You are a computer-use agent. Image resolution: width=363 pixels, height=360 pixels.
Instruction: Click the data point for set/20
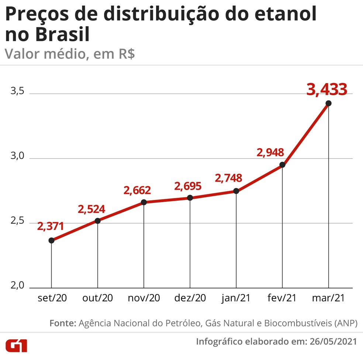click(51, 240)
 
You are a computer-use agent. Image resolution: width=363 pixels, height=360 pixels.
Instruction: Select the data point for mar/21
click(328, 103)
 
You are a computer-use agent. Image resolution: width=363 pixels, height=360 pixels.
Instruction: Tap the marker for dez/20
click(190, 198)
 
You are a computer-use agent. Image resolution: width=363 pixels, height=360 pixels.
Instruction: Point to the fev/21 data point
click(282, 165)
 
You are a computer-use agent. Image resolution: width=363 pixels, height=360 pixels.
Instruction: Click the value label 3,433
click(327, 89)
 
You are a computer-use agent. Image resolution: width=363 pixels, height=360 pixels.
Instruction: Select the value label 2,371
click(51, 226)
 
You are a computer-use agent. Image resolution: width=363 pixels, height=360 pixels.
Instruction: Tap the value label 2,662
click(137, 190)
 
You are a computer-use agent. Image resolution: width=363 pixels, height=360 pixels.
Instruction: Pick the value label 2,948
click(270, 152)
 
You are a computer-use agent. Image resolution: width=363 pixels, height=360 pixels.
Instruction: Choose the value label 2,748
click(229, 178)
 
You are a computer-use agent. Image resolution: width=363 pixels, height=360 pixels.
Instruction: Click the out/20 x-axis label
click(97, 298)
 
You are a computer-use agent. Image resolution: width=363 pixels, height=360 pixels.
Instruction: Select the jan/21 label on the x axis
click(236, 298)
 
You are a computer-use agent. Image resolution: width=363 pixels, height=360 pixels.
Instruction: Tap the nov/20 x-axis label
click(144, 298)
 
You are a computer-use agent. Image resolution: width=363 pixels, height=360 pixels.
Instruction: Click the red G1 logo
click(16, 346)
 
